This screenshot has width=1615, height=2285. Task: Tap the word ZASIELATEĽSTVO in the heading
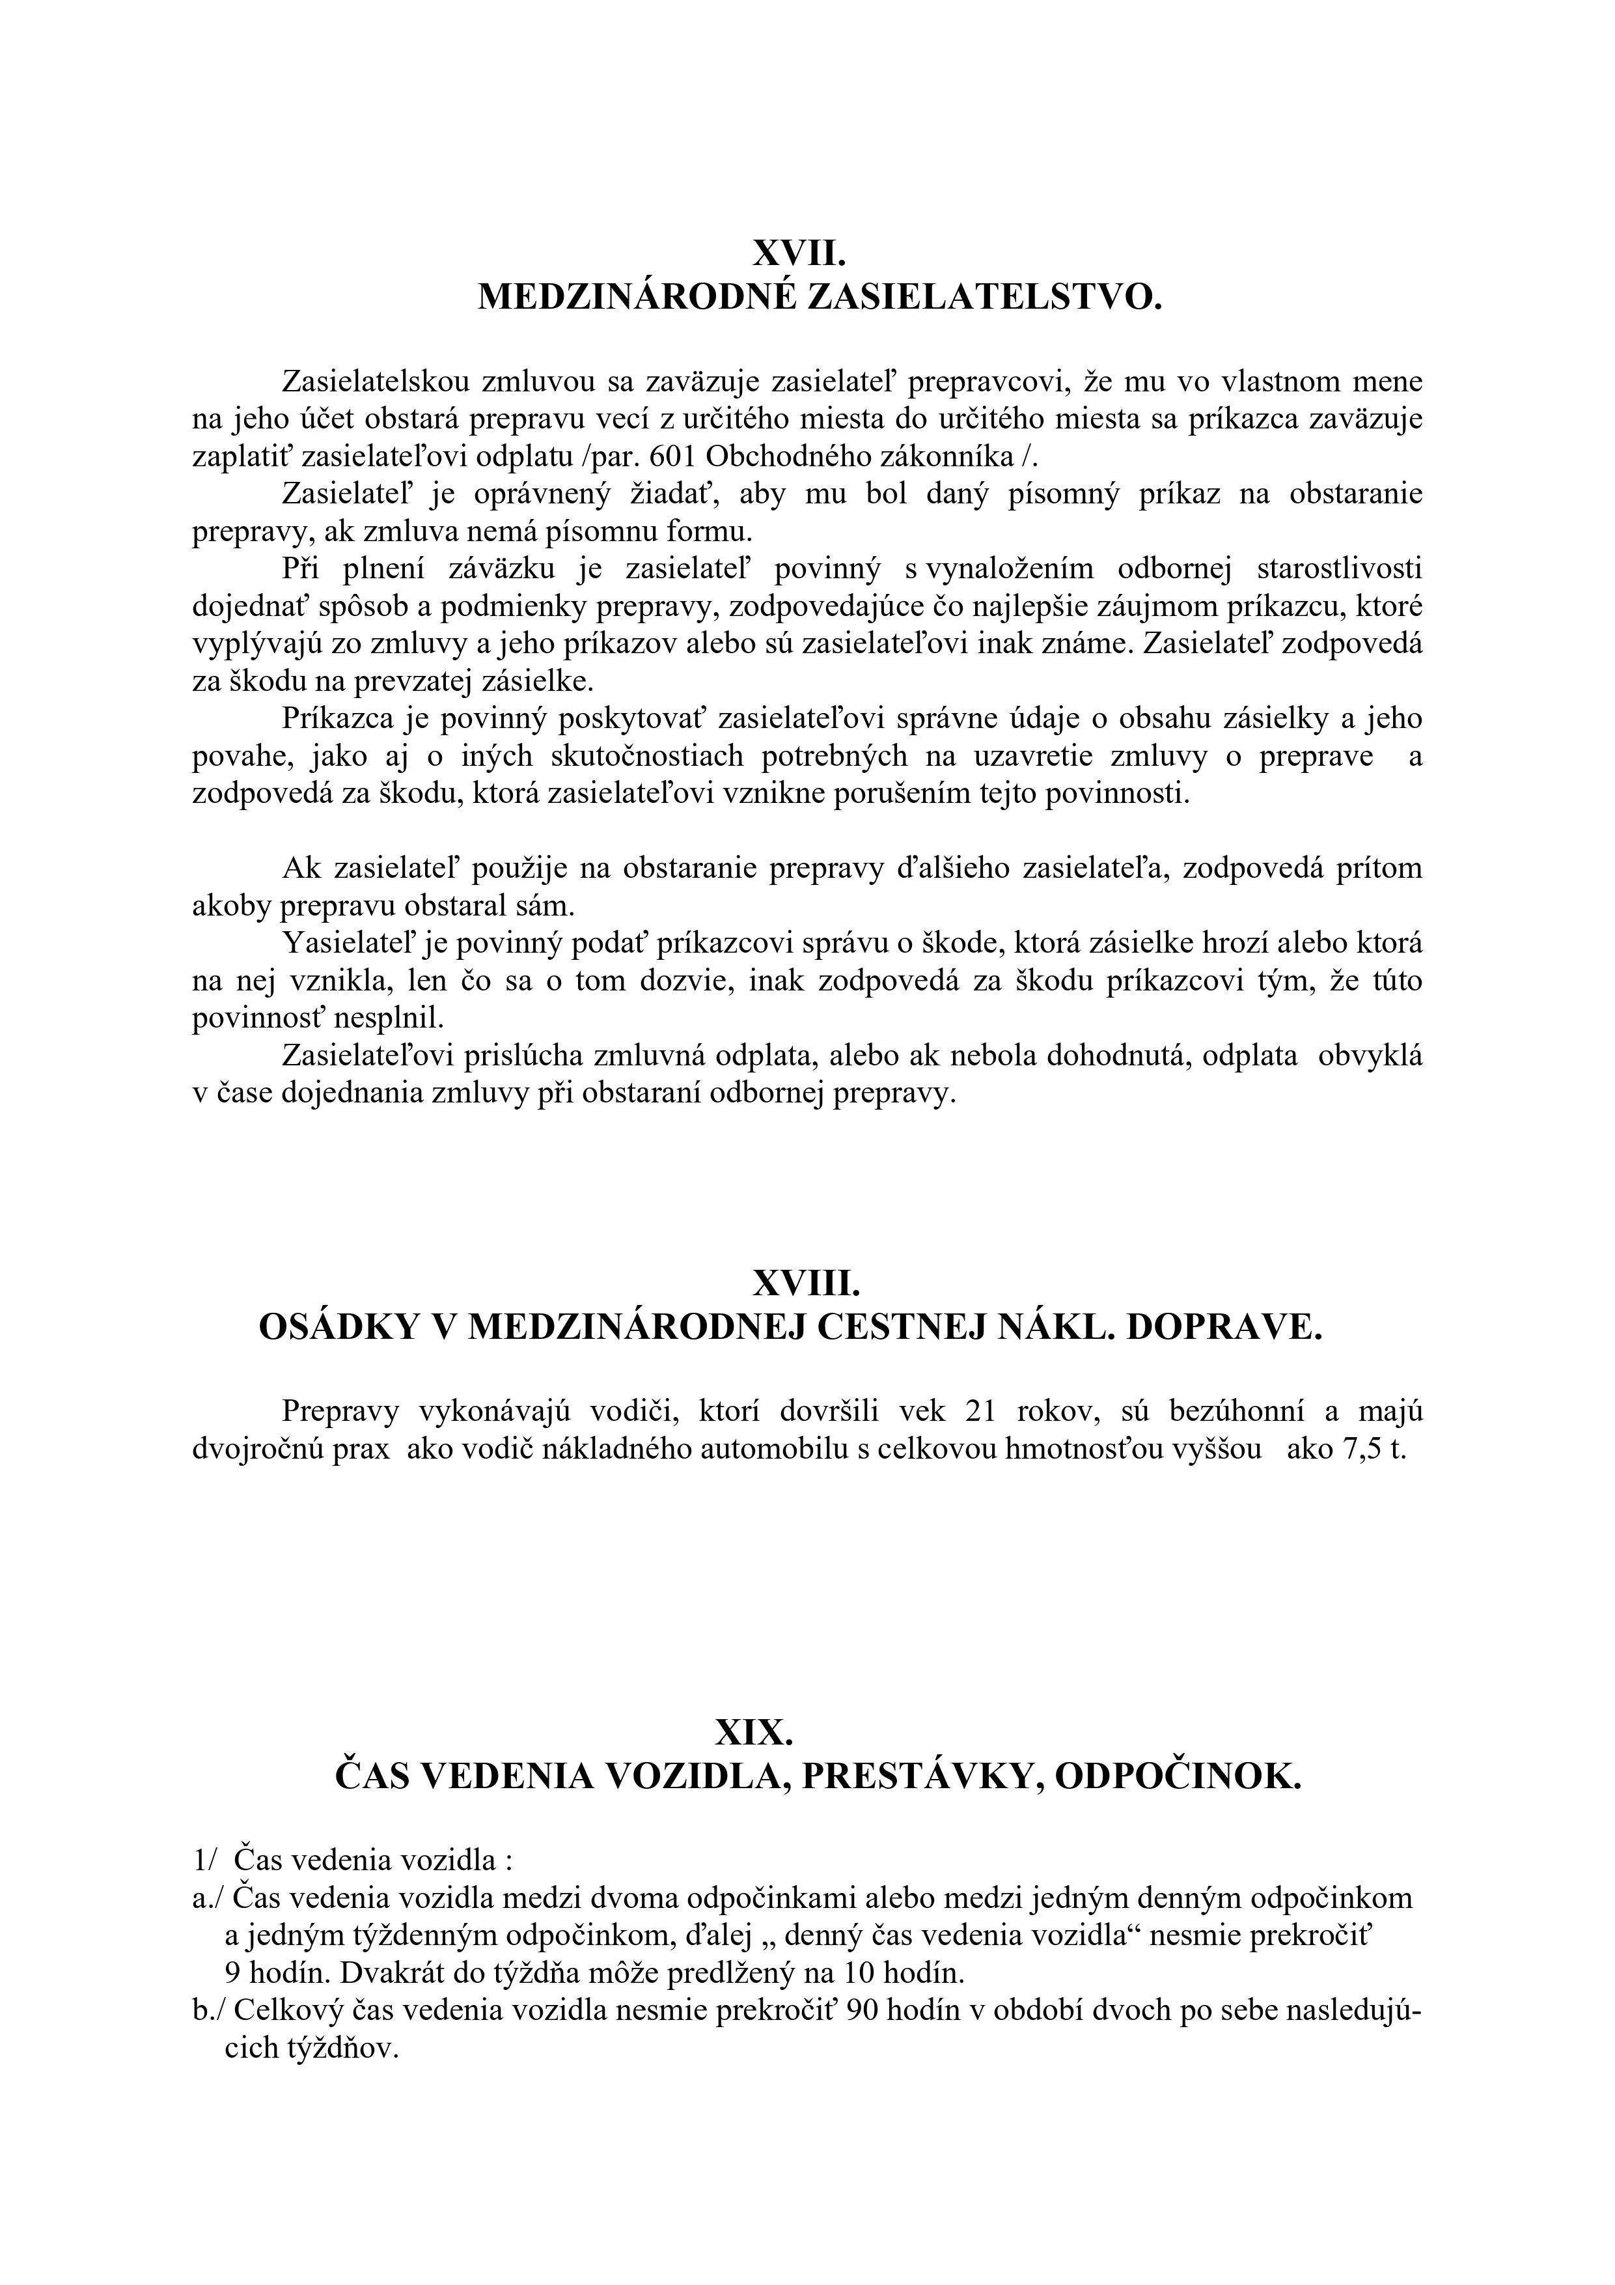(983, 298)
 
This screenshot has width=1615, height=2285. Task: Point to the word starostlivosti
(1338, 569)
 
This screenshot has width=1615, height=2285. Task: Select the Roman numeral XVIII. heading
(806, 1284)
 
